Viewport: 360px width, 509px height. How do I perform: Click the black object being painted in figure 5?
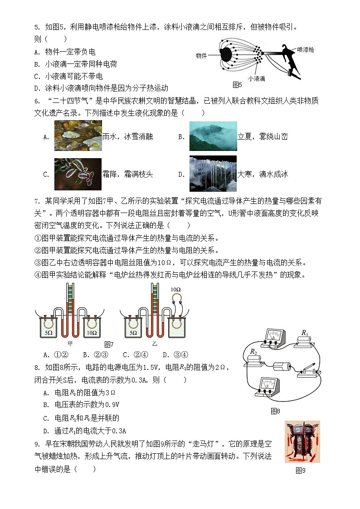(225, 55)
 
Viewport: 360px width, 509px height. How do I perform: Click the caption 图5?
(237, 85)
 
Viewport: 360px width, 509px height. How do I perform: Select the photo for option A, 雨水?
(78, 136)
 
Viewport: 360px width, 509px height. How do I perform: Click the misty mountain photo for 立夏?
(213, 136)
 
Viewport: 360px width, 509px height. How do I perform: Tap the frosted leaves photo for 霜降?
(78, 174)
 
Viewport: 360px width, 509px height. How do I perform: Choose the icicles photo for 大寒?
(213, 174)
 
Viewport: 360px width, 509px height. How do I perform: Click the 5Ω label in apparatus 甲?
(49, 333)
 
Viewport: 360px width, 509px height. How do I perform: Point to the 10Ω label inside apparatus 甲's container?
(92, 333)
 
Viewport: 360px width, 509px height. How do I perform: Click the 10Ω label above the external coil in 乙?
(175, 290)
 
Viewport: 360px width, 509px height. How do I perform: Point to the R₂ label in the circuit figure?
(253, 352)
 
